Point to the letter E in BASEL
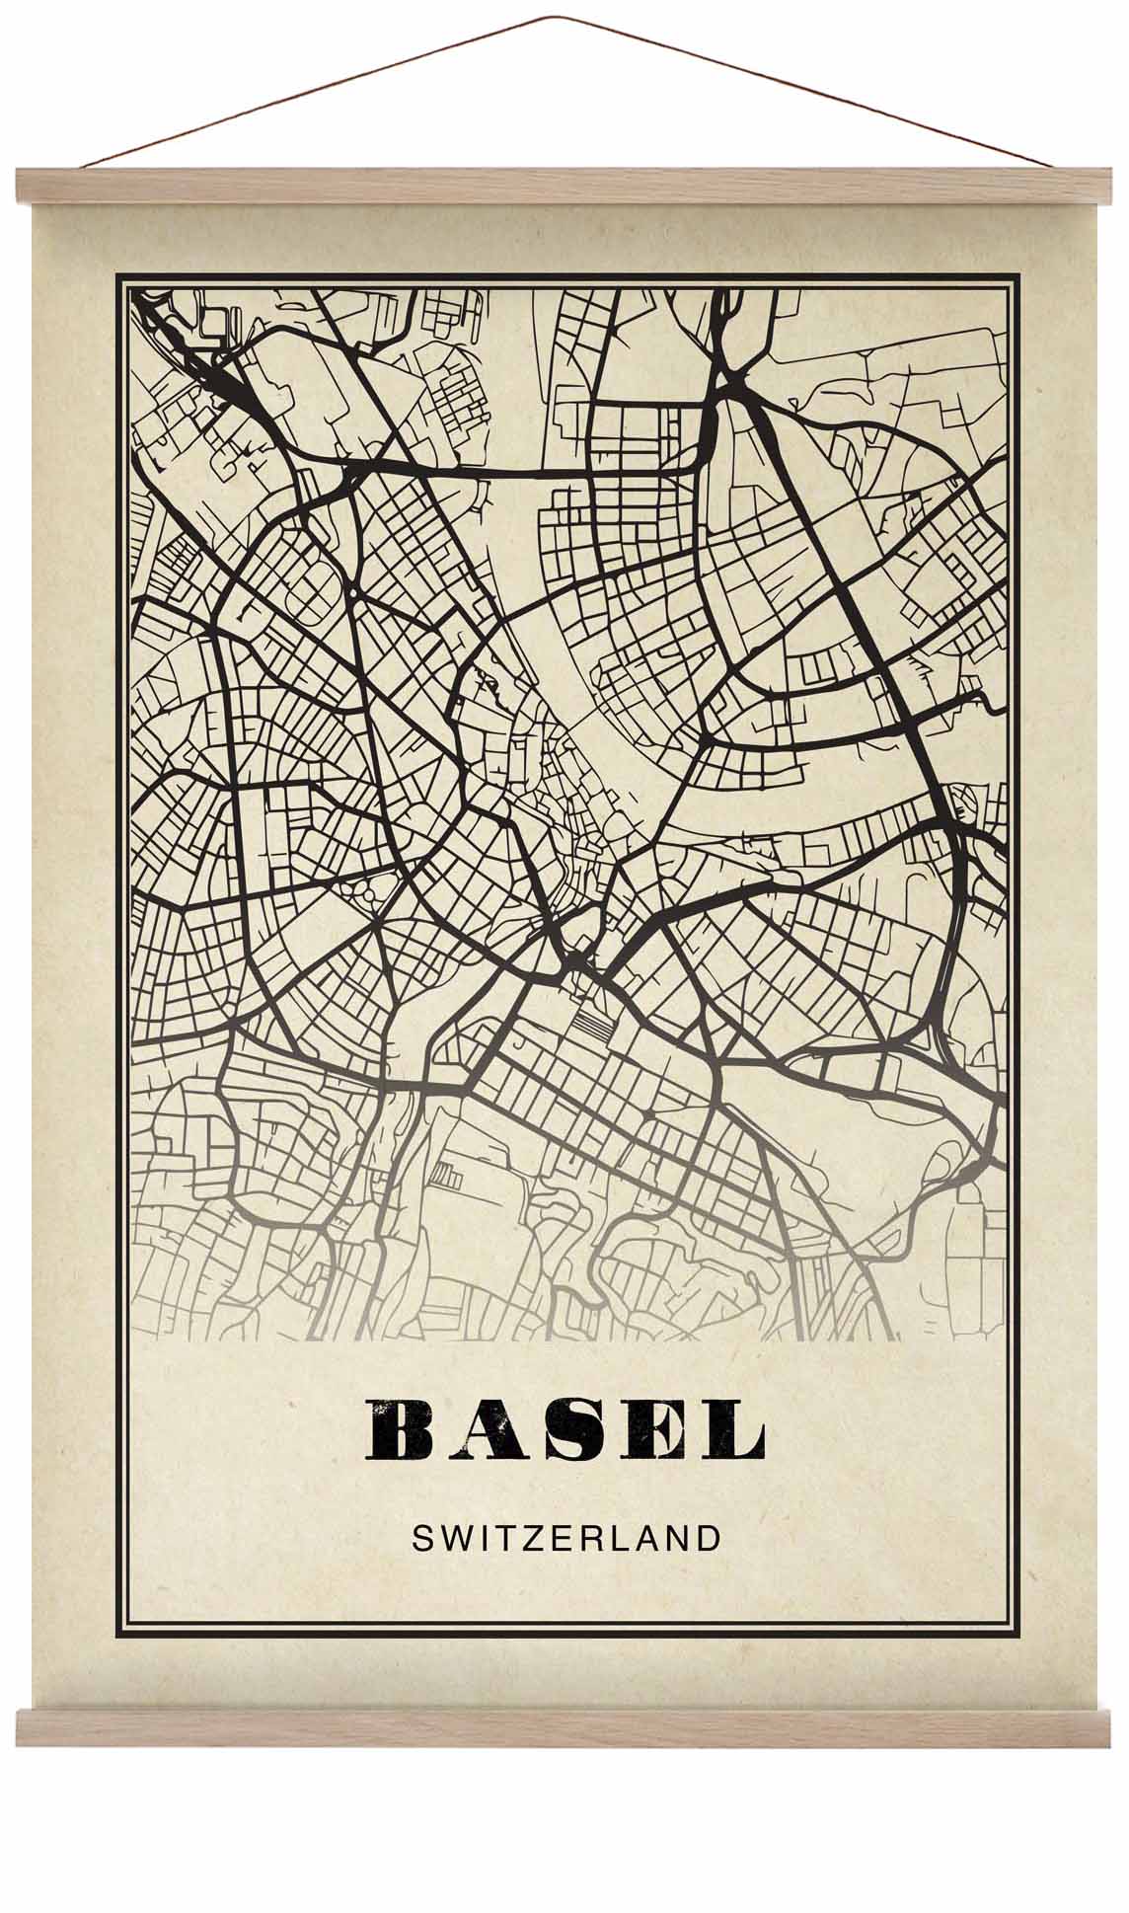pyautogui.click(x=653, y=1429)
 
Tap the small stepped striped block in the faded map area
pyautogui.click(x=447, y=1175)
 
